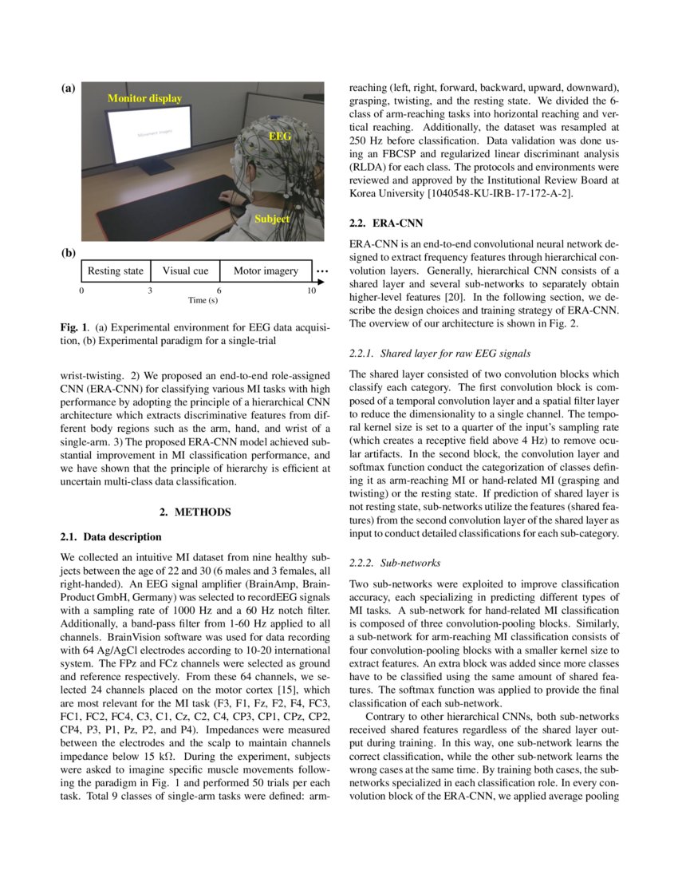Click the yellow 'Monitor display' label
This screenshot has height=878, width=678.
click(x=144, y=99)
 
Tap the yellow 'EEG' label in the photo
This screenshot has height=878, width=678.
click(x=279, y=136)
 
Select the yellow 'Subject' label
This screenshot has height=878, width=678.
click(x=271, y=218)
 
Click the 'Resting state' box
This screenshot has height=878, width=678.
click(x=116, y=271)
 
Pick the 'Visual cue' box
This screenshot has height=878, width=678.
click(x=185, y=271)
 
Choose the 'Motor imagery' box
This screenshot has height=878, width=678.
click(x=266, y=271)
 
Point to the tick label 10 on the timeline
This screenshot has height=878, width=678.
click(x=312, y=291)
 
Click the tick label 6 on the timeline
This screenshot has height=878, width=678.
click(x=219, y=291)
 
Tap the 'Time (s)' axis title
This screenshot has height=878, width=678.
click(x=203, y=301)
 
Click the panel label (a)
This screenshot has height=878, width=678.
click(x=68, y=89)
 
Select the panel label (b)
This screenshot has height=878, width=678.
click(x=68, y=253)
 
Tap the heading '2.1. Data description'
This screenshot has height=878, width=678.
click(x=111, y=536)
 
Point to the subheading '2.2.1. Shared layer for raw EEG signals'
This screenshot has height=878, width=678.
click(x=440, y=353)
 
